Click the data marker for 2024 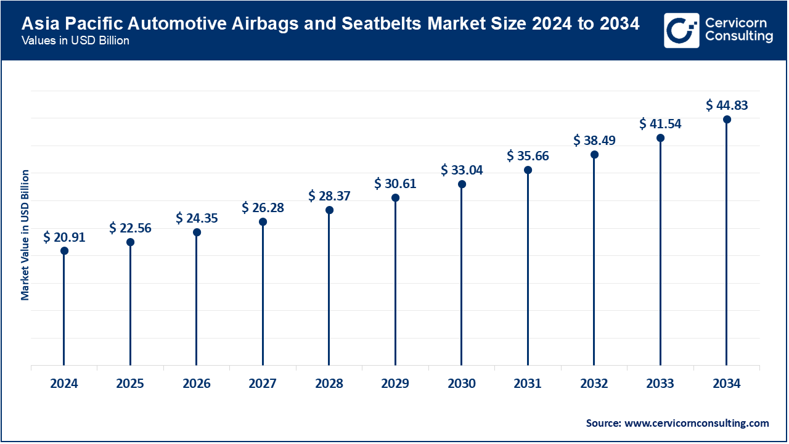click(x=64, y=251)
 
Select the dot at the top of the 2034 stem click(x=727, y=119)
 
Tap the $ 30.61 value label click(x=395, y=183)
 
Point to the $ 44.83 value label click(x=727, y=105)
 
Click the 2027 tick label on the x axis click(x=263, y=384)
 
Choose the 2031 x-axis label click(x=528, y=384)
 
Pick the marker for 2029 click(x=395, y=198)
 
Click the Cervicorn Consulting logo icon click(x=682, y=30)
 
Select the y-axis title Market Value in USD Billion click(x=25, y=234)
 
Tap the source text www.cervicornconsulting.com click(x=697, y=423)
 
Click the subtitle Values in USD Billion click(x=75, y=41)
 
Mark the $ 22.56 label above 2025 click(x=130, y=228)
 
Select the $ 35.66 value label click(x=528, y=155)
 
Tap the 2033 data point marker click(x=660, y=138)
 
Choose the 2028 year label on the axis click(x=329, y=384)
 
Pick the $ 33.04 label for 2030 click(x=462, y=170)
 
